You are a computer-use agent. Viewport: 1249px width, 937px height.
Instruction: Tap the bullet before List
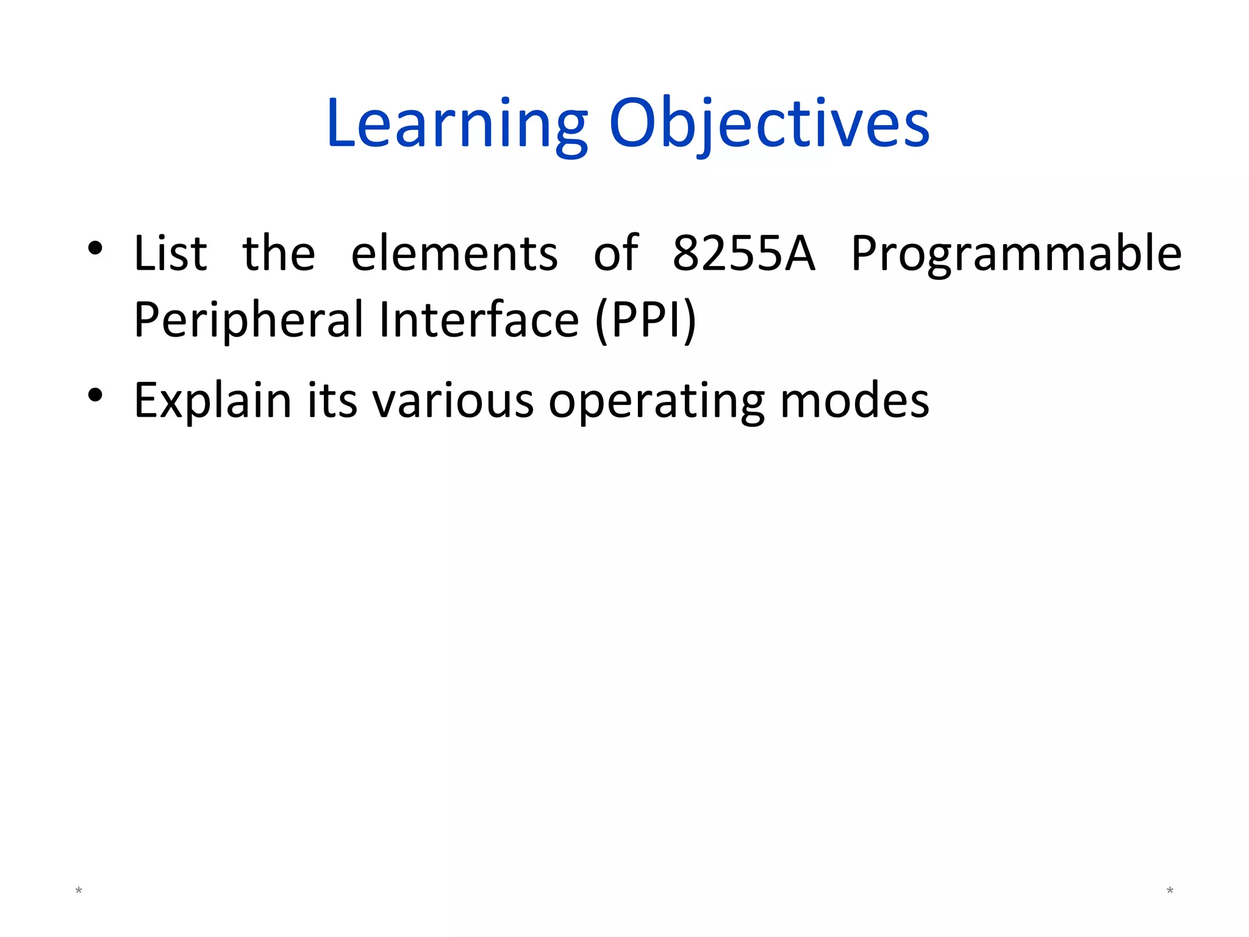pyautogui.click(x=95, y=248)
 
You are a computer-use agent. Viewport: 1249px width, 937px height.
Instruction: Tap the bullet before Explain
pyautogui.click(x=95, y=395)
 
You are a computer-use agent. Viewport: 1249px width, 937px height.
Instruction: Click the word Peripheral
pyautogui.click(x=248, y=321)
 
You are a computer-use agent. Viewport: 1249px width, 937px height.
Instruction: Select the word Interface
pyautogui.click(x=479, y=320)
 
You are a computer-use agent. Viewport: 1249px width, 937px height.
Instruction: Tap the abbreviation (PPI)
pyautogui.click(x=645, y=321)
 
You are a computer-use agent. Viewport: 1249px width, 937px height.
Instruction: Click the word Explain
pyautogui.click(x=212, y=401)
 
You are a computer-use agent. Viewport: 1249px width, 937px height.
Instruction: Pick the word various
pyautogui.click(x=453, y=401)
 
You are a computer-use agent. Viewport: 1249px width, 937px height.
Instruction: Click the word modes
pyautogui.click(x=854, y=401)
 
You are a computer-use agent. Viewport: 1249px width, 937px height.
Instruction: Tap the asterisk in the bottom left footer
pyautogui.click(x=79, y=891)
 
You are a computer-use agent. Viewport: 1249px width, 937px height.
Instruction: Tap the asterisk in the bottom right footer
pyautogui.click(x=1170, y=891)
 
